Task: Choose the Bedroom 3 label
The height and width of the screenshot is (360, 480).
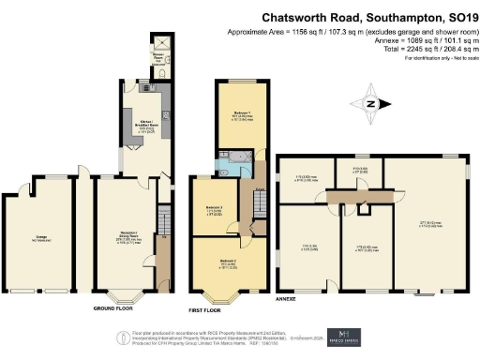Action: click(x=214, y=210)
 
